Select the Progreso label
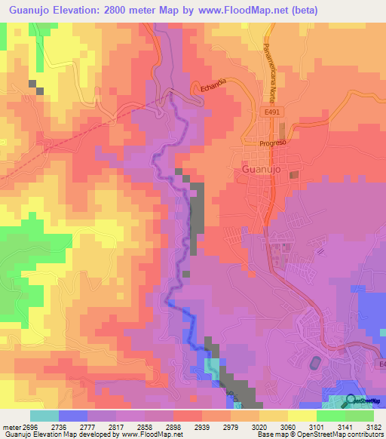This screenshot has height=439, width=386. [271, 143]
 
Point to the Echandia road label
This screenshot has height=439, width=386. [213, 88]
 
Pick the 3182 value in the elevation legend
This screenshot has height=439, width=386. [374, 427]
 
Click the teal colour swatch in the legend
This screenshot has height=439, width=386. [44, 416]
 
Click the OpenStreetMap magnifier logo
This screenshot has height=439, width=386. [351, 400]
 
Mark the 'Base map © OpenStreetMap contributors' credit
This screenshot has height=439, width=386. [320, 434]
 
